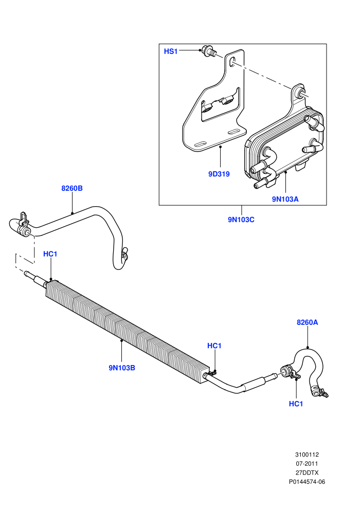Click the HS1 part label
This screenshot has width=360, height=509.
(x=171, y=51)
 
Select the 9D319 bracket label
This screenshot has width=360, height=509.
(x=219, y=174)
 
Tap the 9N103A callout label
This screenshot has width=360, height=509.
(x=285, y=199)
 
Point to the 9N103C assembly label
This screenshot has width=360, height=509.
(x=241, y=220)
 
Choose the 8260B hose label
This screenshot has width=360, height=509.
(x=72, y=188)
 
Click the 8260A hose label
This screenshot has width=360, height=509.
(x=307, y=322)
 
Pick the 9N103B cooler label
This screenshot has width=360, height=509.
(x=122, y=368)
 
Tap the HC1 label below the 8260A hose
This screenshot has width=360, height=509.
(x=296, y=404)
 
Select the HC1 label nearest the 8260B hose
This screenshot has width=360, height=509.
(x=50, y=254)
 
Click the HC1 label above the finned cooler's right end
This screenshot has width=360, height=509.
(x=214, y=346)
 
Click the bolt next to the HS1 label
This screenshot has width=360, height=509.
(x=209, y=51)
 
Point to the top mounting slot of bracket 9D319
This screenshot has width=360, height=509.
(x=231, y=62)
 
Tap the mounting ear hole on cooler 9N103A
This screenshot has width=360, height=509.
(x=300, y=92)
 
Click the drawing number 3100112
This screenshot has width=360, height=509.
(x=307, y=455)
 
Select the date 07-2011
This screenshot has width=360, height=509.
(x=307, y=464)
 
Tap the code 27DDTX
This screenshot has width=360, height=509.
(x=307, y=472)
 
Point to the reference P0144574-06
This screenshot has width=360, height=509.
(x=307, y=482)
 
